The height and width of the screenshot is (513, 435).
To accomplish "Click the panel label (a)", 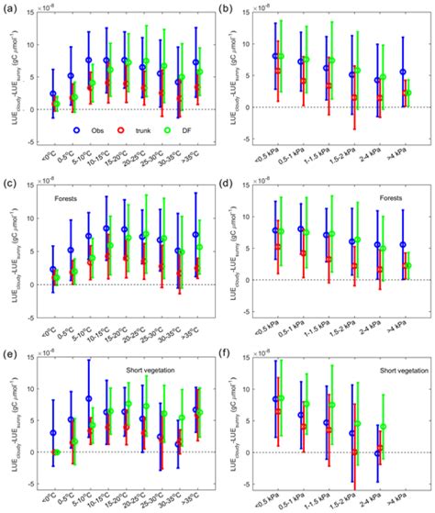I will point(8,7).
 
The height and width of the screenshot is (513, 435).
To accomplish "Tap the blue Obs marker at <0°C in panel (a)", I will point(53,95).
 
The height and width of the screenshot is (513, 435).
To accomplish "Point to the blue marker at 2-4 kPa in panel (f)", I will point(376,453).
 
